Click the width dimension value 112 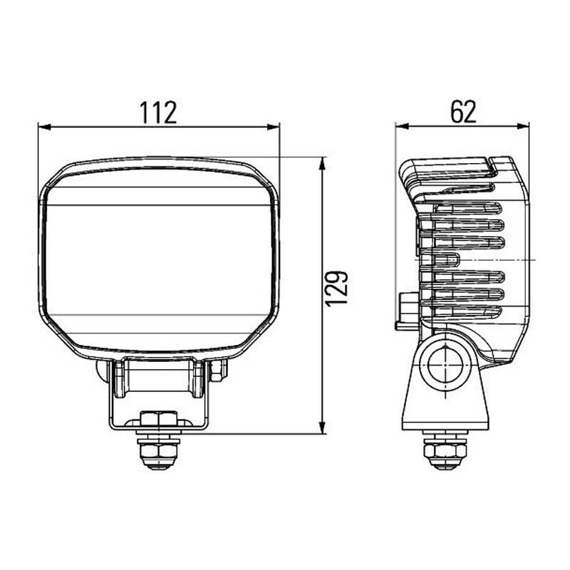157,113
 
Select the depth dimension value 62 462,112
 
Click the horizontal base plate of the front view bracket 157,427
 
